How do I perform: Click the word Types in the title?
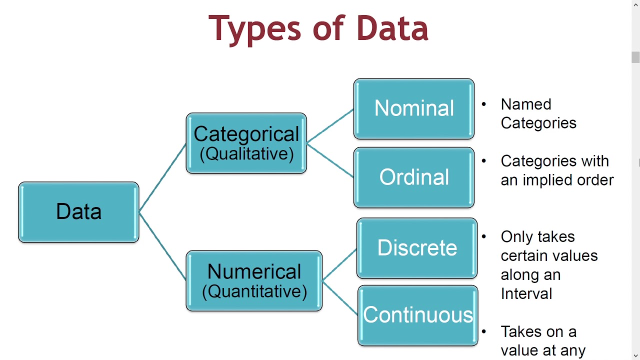pos(254,28)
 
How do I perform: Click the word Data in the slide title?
pos(392,28)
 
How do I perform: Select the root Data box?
pos(78,212)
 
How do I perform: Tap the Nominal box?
pos(414,108)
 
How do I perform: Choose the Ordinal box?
pos(414,177)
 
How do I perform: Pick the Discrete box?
pos(417,248)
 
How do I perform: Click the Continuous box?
pos(418,315)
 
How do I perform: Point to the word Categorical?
pos(246,134)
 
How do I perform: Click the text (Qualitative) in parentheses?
pos(246,153)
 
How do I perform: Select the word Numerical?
pos(254,271)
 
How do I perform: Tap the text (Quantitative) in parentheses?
pos(254,291)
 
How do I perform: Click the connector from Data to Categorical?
pos(162,178)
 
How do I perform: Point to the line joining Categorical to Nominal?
pos(330,126)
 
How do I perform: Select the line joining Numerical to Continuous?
pos(340,298)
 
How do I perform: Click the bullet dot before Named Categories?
pos(484,104)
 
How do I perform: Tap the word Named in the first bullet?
pos(526,104)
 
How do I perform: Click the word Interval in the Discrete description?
pos(526,293)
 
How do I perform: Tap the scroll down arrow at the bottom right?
pos(635,355)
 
